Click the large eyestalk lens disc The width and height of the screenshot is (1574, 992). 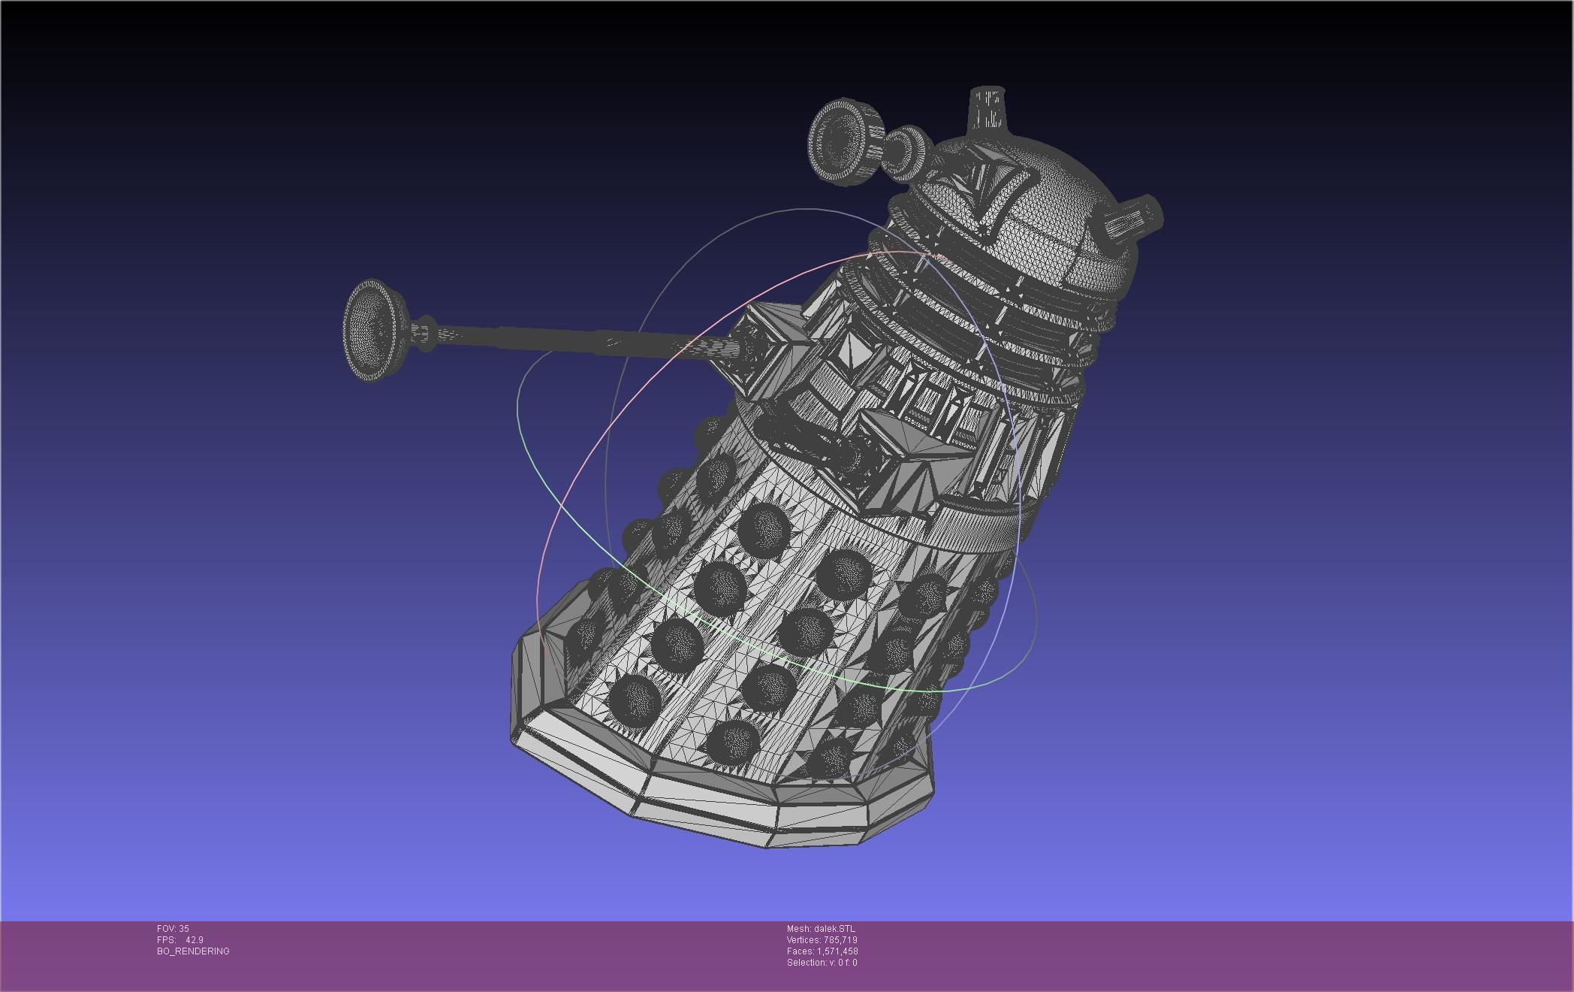click(838, 140)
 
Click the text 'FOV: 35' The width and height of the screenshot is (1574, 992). click(173, 929)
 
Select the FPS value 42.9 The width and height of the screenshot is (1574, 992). click(194, 940)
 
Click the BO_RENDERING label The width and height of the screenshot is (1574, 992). click(193, 951)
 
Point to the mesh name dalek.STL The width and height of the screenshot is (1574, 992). click(834, 929)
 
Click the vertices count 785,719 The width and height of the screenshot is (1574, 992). click(840, 940)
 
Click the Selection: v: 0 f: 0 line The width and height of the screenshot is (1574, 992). click(822, 963)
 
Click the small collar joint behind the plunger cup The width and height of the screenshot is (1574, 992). click(422, 333)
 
